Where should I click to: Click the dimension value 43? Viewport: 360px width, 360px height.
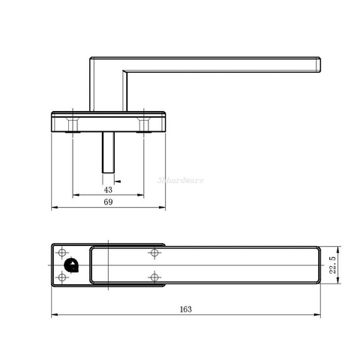click(x=107, y=190)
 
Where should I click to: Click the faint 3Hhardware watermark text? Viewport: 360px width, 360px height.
click(x=180, y=180)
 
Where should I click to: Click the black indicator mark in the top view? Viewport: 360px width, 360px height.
click(x=71, y=264)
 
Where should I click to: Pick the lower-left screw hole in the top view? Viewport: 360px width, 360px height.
click(x=62, y=277)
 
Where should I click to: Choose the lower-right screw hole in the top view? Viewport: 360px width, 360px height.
click(x=154, y=277)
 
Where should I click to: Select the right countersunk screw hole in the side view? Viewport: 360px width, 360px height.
click(x=142, y=121)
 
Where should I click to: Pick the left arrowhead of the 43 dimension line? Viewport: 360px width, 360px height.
click(x=74, y=195)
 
